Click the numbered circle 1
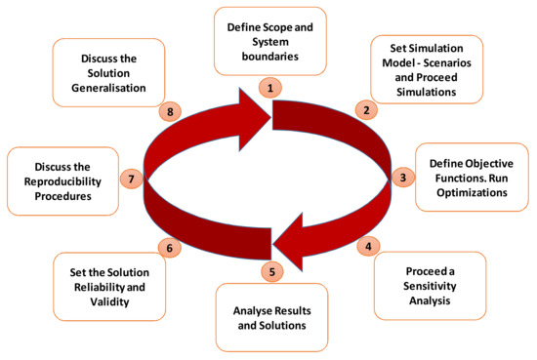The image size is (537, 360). (x=268, y=87)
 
